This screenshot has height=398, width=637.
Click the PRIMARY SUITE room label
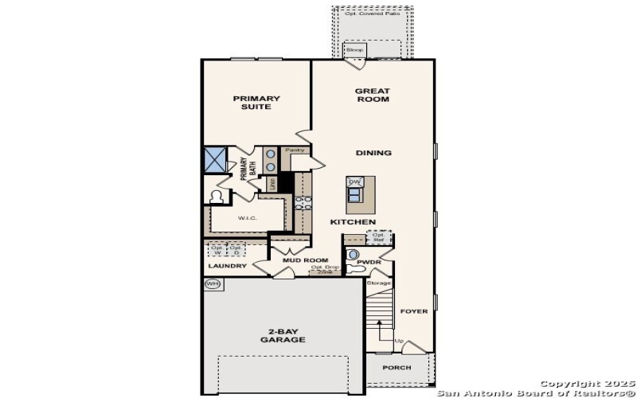256,103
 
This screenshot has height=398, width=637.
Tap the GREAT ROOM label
372,96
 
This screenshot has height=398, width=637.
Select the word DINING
373,153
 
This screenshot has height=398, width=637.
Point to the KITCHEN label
353,221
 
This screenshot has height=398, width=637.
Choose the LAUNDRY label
227,266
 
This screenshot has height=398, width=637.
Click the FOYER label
413,311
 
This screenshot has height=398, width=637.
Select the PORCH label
397,368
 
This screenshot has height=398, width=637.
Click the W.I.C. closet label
246,217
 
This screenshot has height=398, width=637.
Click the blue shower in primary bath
215,159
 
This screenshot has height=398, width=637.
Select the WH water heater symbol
212,283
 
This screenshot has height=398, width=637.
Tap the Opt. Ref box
379,237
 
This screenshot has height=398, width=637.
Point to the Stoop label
354,50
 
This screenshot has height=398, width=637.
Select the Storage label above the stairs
379,283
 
